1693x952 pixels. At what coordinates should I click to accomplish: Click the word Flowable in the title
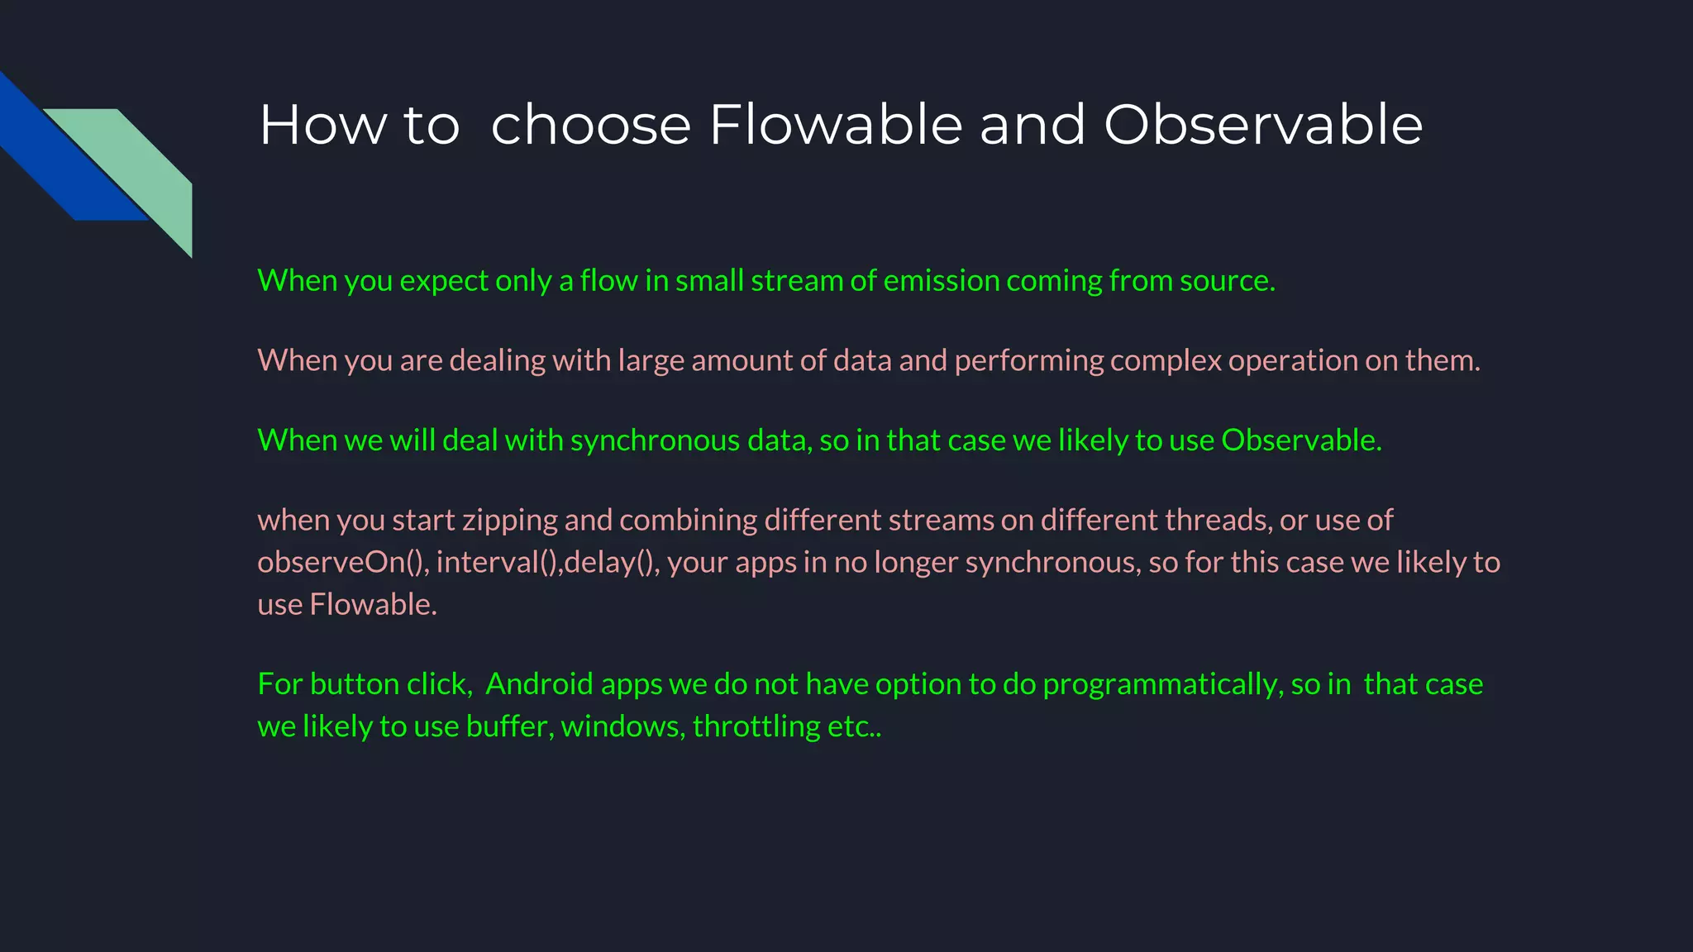click(x=836, y=125)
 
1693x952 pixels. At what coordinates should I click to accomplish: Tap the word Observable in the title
click(x=1263, y=125)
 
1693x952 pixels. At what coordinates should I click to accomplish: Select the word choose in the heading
click(x=590, y=125)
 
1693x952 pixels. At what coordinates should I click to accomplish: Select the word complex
click(x=1166, y=361)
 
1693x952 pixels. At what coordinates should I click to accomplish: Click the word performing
click(x=1028, y=361)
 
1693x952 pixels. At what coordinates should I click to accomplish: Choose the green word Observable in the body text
click(x=1300, y=440)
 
